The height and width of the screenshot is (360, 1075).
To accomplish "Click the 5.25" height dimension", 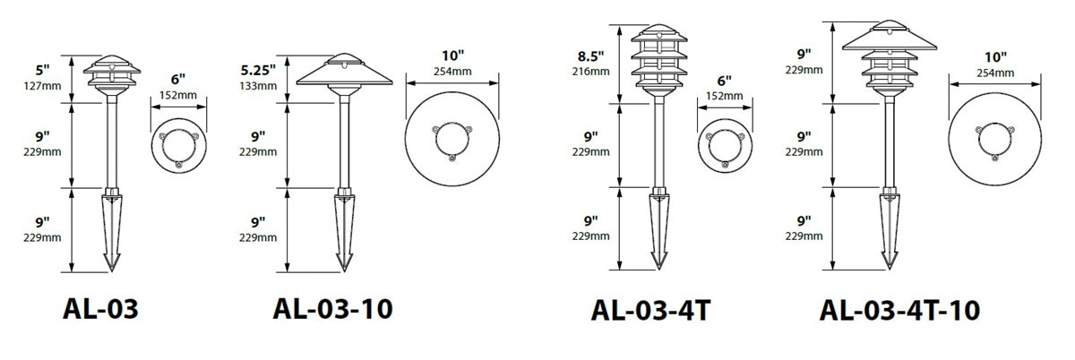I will [258, 69].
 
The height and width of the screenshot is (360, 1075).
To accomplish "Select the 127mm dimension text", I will [43, 87].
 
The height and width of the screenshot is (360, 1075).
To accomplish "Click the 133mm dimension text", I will [258, 85].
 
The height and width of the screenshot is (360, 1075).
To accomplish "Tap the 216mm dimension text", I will [592, 71].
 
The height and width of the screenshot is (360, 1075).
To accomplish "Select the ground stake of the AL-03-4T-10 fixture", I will [890, 229].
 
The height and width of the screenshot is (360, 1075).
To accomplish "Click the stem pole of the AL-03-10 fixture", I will [343, 143].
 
